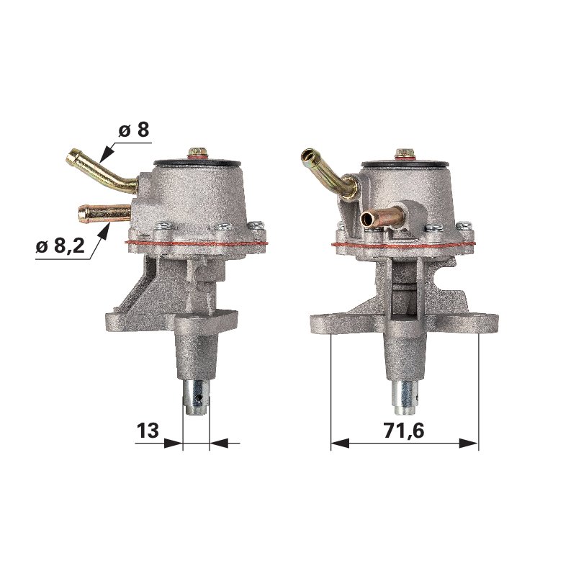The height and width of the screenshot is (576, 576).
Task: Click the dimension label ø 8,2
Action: pos(60,246)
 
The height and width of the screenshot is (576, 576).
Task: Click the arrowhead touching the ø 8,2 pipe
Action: pos(104,230)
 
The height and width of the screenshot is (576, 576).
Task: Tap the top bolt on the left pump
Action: pos(197,153)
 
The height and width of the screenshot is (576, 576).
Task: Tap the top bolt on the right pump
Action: pos(405,154)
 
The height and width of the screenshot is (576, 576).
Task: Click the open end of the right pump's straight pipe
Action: pos(368,220)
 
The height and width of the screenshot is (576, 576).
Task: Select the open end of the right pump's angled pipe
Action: pos(308,156)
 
